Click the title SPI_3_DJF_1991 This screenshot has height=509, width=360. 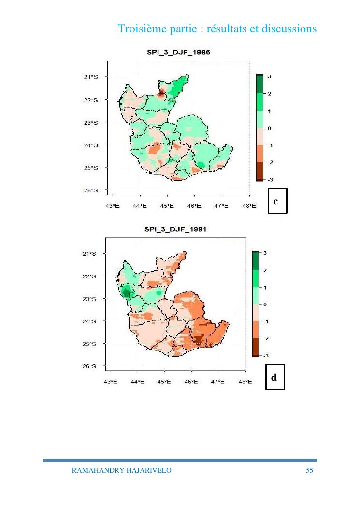(175, 229)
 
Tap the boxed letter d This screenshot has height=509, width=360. (274, 377)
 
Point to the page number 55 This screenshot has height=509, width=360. (309, 470)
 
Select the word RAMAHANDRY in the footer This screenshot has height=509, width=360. (94, 470)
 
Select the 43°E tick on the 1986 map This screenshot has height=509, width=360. (113, 206)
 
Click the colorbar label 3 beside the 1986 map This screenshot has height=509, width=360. (270, 76)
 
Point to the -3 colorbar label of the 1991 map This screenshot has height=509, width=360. (265, 355)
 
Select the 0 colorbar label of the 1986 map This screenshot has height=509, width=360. (270, 128)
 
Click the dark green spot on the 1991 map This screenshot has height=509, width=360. (127, 292)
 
